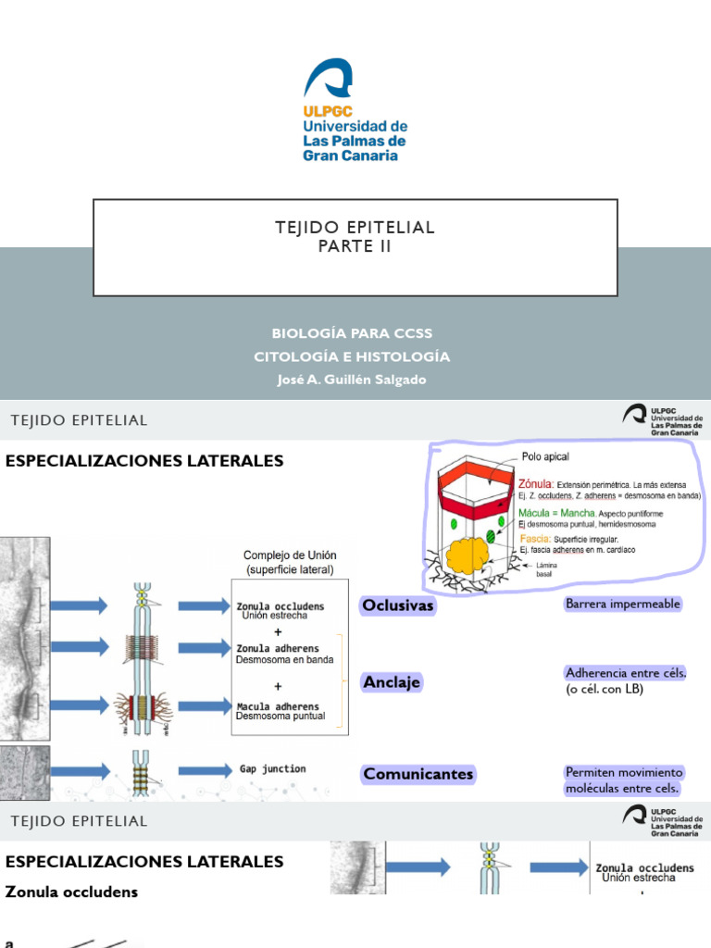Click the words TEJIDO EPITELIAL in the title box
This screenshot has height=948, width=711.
point(355,228)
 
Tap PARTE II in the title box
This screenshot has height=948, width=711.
point(355,247)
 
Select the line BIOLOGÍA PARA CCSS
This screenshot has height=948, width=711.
point(352,333)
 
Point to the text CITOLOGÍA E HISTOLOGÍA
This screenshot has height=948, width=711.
point(352,356)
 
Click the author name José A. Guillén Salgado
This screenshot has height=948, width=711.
point(352,380)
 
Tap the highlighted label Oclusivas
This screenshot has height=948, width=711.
point(398,606)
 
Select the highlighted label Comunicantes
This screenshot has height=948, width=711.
point(418,774)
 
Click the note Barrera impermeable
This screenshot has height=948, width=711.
point(623,604)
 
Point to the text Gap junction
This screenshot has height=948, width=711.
point(272,769)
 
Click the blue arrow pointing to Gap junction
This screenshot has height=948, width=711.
point(204,770)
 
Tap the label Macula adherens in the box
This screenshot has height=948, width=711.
point(278,706)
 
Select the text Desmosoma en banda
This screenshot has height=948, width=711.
point(284,660)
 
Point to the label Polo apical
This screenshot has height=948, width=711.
point(545,456)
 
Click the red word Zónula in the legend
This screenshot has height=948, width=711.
point(536,483)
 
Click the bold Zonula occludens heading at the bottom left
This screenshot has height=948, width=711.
point(71,892)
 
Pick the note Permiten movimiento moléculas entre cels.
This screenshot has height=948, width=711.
point(623,780)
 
